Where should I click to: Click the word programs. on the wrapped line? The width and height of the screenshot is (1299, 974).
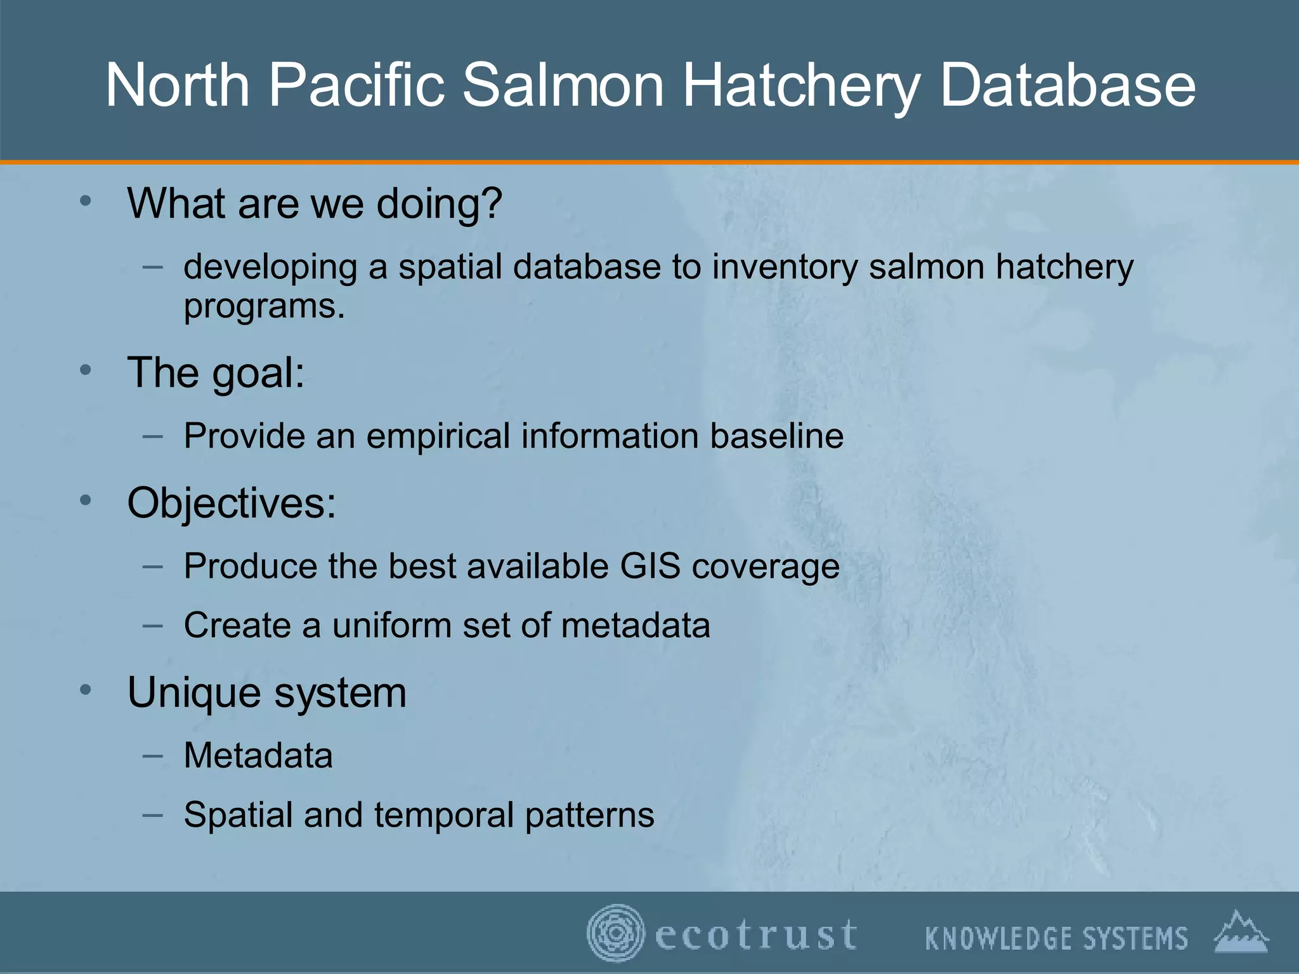point(264,308)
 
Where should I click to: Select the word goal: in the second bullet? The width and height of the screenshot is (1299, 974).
point(258,373)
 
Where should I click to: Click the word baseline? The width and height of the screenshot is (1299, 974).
point(776,436)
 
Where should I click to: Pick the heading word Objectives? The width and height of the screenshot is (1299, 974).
point(232,503)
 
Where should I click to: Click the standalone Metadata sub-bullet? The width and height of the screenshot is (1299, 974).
point(258,755)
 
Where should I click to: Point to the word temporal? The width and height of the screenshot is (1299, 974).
point(443,815)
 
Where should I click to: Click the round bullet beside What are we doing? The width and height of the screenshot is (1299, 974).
point(86,202)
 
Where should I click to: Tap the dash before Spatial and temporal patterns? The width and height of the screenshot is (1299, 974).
point(153,814)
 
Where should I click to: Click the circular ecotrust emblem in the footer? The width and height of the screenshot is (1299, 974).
point(614,933)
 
